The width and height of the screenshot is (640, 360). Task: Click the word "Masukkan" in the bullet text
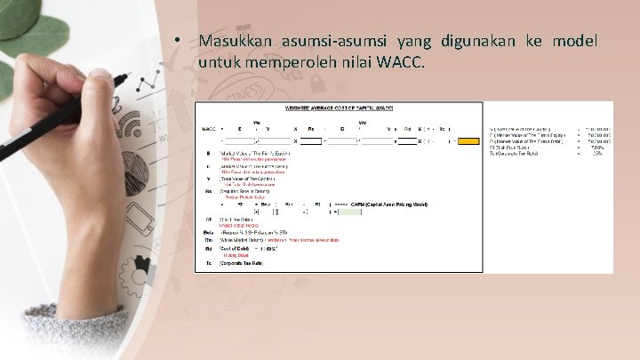235,41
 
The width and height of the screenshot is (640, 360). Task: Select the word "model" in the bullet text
574,41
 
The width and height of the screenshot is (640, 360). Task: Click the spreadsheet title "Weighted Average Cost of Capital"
338,108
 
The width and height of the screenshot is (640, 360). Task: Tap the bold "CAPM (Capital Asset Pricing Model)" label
389,204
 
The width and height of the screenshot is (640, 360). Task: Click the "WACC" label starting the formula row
209,128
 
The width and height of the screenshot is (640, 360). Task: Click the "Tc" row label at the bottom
207,262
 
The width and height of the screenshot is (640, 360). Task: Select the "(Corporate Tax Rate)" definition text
241,262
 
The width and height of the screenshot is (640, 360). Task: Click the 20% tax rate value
598,153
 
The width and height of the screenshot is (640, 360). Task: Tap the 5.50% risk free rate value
597,147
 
